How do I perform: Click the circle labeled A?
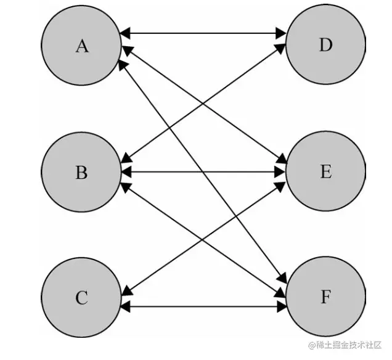click(81, 46)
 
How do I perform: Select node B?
click(81, 172)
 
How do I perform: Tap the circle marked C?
click(81, 298)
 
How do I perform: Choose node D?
click(325, 46)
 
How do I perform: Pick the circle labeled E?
click(325, 172)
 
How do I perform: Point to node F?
click(325, 298)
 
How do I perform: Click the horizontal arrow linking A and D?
click(203, 33)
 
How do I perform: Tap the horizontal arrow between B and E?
click(203, 172)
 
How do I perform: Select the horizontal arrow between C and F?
click(203, 306)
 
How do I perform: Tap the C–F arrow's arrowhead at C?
click(125, 306)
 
